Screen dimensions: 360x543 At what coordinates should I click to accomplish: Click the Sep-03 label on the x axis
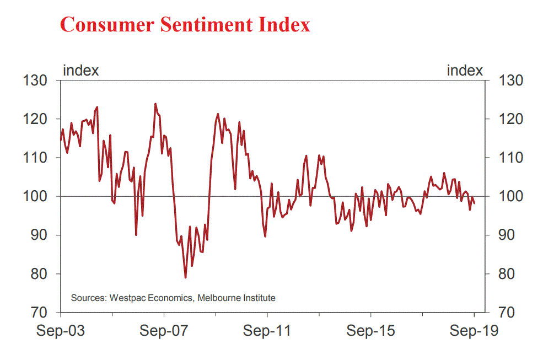point(61,331)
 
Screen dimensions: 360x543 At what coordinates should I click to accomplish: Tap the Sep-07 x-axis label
point(164,331)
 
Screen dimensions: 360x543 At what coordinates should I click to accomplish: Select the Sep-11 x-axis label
point(267,331)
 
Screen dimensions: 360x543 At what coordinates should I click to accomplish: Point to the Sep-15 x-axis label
point(370,331)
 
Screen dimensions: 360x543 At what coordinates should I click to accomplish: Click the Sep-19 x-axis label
point(474,331)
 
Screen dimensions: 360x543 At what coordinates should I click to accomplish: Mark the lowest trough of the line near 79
point(185,277)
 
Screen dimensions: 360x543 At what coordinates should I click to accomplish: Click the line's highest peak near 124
point(155,104)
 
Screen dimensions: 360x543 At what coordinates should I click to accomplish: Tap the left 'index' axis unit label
point(81,71)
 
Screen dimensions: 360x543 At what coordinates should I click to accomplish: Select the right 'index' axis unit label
point(464,71)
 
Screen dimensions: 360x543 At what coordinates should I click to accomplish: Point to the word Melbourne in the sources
point(217,298)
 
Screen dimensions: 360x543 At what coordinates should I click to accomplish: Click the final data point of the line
point(475,203)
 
